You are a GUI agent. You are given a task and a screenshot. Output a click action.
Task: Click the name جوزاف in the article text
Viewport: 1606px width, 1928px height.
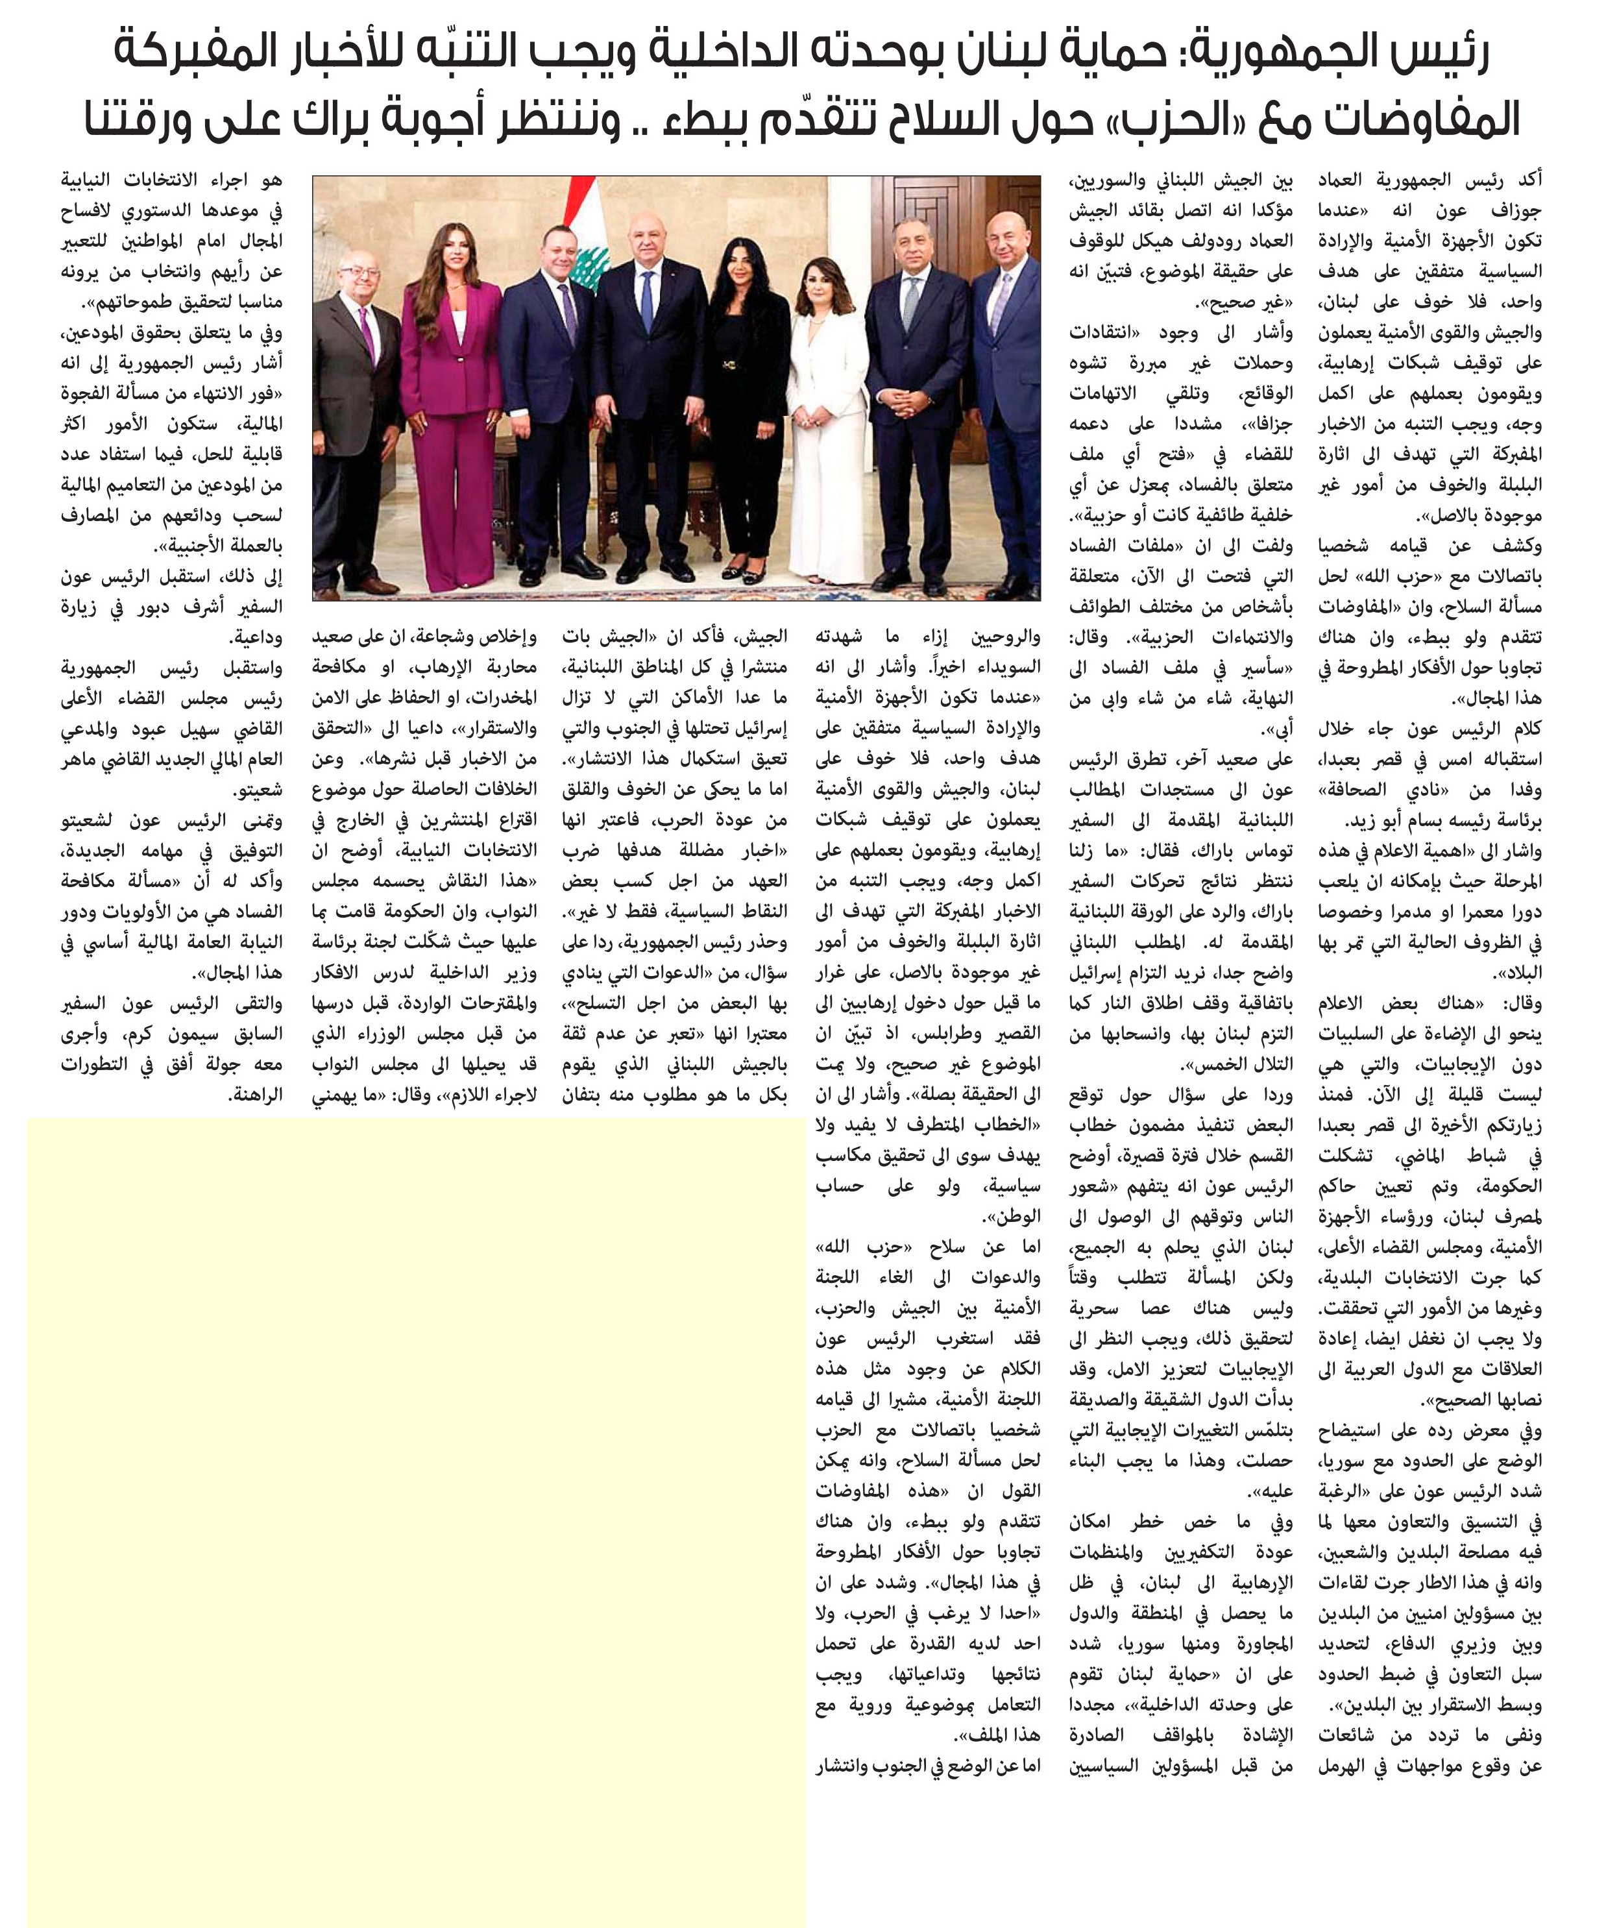[x=1515, y=211]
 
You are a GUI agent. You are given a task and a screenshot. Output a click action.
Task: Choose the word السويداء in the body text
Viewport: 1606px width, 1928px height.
[x=1006, y=668]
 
